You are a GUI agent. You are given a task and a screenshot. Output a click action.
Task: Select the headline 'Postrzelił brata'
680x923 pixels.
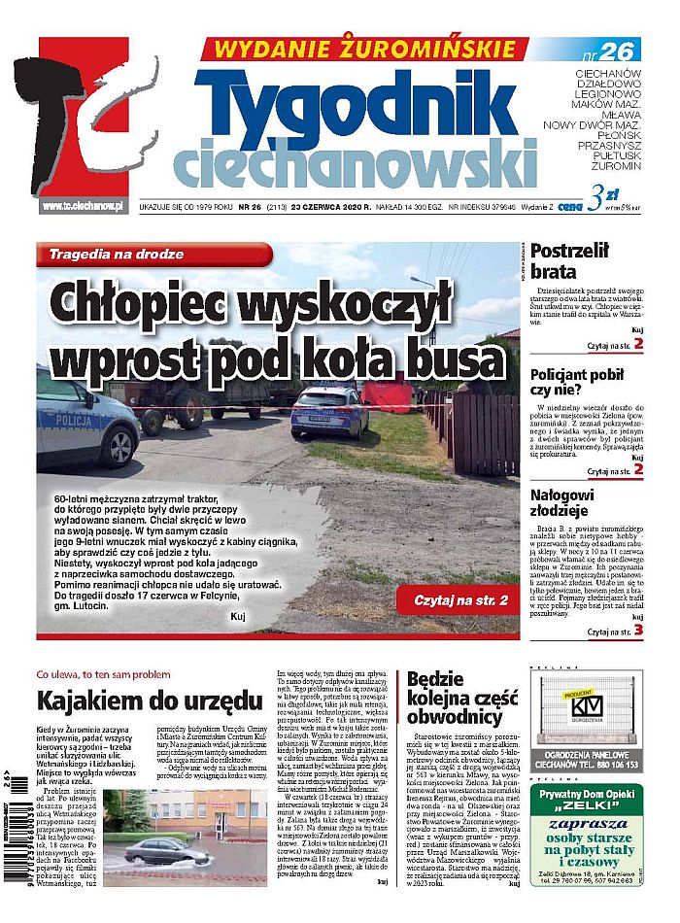(x=569, y=260)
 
